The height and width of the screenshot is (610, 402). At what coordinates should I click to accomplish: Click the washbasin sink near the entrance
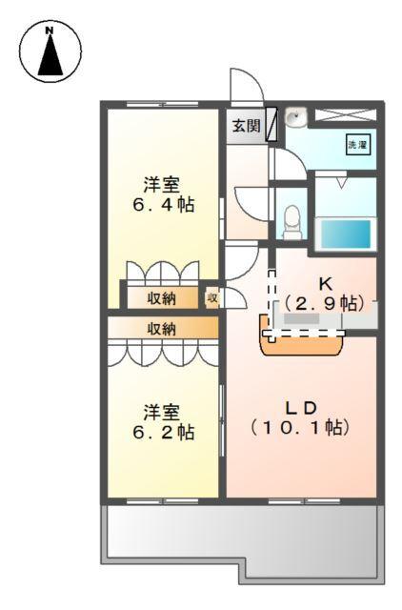(295, 119)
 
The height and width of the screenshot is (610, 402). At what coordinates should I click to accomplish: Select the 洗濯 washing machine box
(356, 145)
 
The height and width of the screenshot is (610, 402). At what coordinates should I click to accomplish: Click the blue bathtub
(343, 233)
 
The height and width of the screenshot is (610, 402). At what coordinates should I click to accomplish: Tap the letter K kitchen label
(325, 283)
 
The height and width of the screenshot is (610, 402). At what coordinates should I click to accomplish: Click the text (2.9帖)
(325, 303)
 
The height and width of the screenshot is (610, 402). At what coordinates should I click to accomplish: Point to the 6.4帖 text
(163, 205)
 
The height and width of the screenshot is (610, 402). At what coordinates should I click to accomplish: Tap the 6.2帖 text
(163, 432)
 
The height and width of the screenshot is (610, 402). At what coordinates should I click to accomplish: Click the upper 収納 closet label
(161, 298)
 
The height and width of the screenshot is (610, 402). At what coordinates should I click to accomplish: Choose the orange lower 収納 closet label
(161, 329)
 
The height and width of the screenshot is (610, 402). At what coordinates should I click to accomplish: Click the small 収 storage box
(212, 298)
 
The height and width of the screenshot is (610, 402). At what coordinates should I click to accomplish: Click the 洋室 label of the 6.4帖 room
(163, 183)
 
